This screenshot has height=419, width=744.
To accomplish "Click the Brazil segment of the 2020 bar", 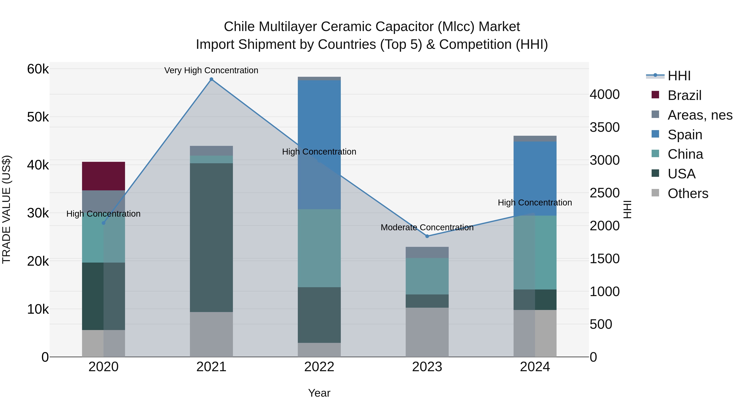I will tap(103, 176).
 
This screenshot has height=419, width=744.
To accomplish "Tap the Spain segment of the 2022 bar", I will tap(319, 145).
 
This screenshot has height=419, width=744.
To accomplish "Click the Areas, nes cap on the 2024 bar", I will tap(535, 138).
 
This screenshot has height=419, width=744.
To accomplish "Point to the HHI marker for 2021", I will tap(211, 79).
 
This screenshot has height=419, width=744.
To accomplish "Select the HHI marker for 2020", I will tap(103, 223).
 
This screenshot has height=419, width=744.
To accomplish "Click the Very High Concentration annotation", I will tap(211, 70).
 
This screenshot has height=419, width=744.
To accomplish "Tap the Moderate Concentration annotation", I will tap(427, 227).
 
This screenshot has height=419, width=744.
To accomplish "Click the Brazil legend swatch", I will tap(655, 95).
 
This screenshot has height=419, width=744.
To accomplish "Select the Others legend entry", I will tap(688, 193).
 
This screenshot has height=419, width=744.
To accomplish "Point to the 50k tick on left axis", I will tap(38, 117).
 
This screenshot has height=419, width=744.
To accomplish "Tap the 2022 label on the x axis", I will tap(319, 367).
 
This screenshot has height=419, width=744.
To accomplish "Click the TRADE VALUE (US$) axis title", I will tap(6, 209).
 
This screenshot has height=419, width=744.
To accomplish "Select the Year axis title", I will tap(319, 393).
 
